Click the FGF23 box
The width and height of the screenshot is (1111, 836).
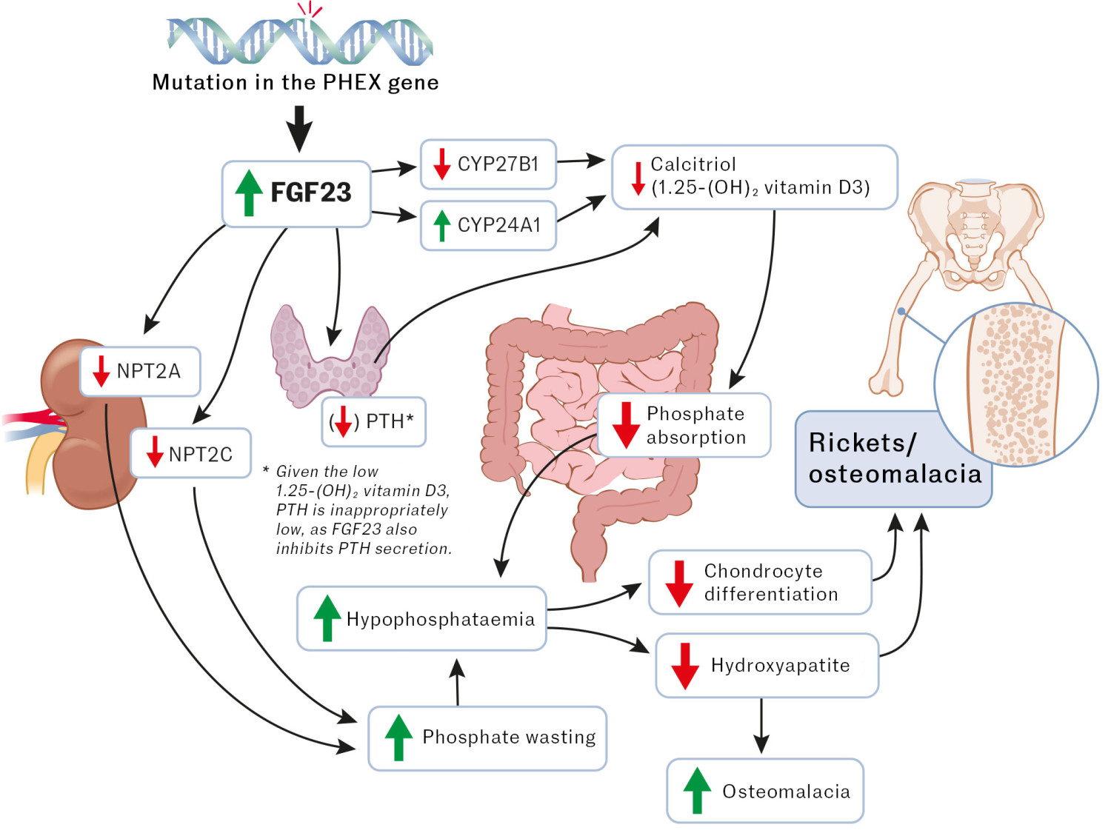(296, 193)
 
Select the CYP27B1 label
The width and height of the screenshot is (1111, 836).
(498, 164)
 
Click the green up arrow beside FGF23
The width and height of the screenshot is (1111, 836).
(249, 193)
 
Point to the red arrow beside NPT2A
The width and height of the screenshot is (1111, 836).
(101, 371)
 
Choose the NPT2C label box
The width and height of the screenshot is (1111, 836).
(191, 453)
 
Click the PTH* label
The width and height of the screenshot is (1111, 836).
(390, 421)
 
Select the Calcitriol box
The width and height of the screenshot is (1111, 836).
(754, 177)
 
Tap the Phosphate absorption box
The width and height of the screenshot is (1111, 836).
(684, 425)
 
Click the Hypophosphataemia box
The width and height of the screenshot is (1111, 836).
(421, 619)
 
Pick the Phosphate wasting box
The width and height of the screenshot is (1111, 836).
(487, 738)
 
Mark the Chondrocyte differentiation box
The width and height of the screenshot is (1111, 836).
(760, 583)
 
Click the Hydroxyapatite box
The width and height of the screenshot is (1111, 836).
(767, 666)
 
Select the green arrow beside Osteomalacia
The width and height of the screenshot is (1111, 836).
(696, 791)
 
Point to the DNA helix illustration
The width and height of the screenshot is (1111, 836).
(300, 41)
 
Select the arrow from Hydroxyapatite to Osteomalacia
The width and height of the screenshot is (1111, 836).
(761, 726)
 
